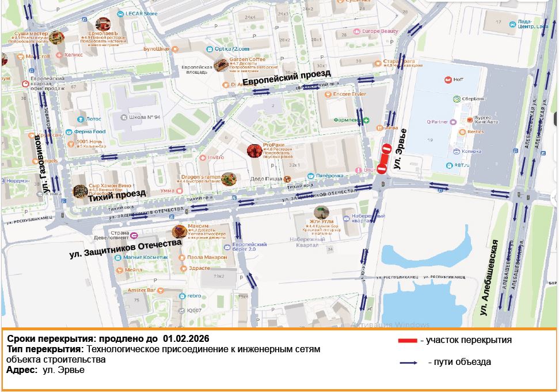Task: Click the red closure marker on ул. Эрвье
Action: tap(384, 158)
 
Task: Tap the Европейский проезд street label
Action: tap(286, 77)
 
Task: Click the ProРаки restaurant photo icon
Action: tap(254, 150)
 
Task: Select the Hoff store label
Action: tap(458, 80)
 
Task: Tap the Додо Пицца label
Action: tap(265, 179)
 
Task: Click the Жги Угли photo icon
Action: tap(321, 213)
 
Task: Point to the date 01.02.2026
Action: tap(186, 338)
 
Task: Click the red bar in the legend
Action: tap(408, 341)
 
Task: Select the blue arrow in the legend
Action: tap(409, 363)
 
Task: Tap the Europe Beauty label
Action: tap(380, 31)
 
